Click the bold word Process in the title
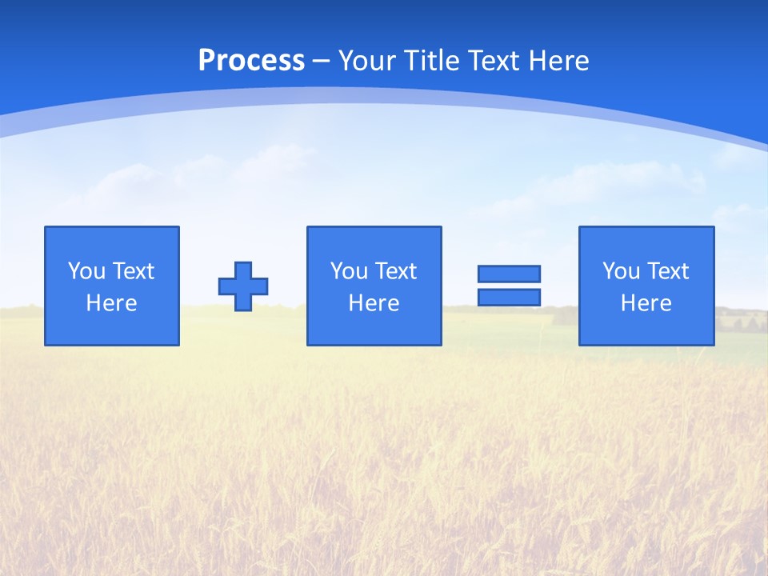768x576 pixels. pos(251,61)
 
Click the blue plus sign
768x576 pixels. pos(243,286)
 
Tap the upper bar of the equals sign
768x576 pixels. pos(509,274)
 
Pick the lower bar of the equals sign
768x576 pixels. pos(509,297)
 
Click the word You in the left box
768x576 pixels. pos(86,271)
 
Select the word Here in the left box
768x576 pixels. pos(112,303)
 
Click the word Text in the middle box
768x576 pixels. pos(395,271)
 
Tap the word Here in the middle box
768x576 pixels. pos(374,303)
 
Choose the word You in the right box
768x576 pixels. pos(621,271)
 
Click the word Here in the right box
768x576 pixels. pos(646,303)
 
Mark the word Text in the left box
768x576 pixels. pos(133,271)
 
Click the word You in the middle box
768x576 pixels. pos(349,271)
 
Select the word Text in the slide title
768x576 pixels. pos(492,61)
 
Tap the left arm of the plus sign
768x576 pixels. pos(226,286)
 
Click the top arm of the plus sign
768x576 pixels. pos(243,270)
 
